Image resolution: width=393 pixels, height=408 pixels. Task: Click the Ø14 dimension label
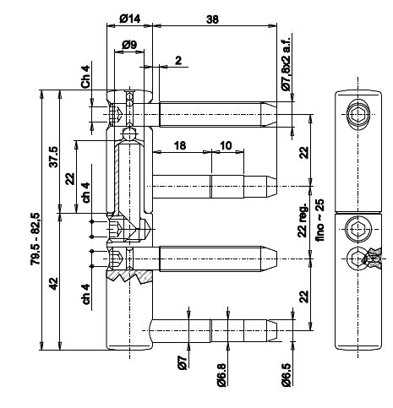(129, 19)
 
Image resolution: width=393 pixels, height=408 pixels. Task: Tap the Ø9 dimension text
(129, 45)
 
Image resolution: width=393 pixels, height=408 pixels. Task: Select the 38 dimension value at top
(212, 19)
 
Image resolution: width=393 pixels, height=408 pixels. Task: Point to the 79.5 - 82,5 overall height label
(35, 239)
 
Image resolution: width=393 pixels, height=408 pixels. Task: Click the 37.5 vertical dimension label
(53, 157)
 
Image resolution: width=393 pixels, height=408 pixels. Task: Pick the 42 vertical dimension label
(53, 284)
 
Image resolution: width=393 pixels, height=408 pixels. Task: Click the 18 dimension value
(180, 145)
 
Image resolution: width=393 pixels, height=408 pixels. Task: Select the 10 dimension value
(226, 145)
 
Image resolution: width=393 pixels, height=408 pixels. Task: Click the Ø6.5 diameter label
(286, 375)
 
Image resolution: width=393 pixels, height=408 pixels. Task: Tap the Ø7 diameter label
(183, 362)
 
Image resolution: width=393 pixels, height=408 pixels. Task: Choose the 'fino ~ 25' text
(319, 220)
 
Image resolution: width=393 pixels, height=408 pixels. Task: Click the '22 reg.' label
(303, 220)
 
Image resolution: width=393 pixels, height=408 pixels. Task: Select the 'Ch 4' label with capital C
(85, 76)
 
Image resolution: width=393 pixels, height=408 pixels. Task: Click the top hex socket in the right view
(358, 115)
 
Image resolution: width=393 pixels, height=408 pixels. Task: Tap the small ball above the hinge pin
(129, 134)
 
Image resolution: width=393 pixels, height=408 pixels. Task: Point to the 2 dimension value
(178, 60)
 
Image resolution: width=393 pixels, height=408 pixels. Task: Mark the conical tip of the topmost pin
(269, 114)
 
